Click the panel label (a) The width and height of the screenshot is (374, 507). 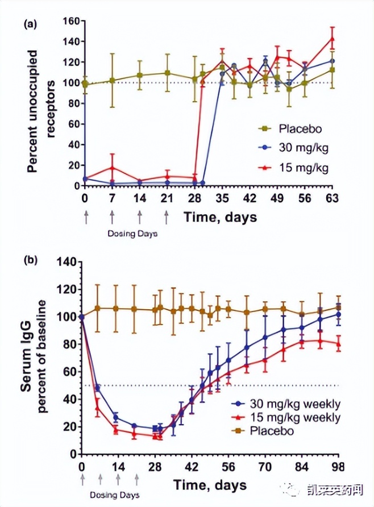tap(30, 24)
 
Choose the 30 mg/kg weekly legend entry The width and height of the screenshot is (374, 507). tap(290, 405)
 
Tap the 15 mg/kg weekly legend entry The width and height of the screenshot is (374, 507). tap(290, 418)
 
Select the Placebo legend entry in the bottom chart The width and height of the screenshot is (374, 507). tap(271, 431)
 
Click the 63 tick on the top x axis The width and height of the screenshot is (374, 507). tap(332, 198)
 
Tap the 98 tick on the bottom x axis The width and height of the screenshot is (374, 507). tap(339, 468)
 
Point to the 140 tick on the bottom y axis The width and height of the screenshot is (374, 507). tap(67, 262)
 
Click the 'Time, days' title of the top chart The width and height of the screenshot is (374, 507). tap(219, 217)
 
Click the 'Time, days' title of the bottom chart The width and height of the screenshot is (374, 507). tap(210, 485)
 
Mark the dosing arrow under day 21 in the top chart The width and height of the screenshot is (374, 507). tap(167, 217)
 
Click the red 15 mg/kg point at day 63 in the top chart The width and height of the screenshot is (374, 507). tap(332, 39)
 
